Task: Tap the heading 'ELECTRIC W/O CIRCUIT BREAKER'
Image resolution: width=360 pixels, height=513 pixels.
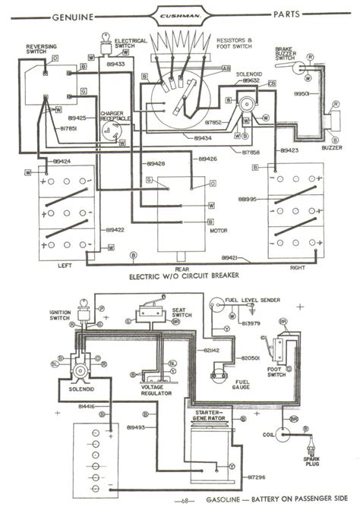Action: coord(180,277)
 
